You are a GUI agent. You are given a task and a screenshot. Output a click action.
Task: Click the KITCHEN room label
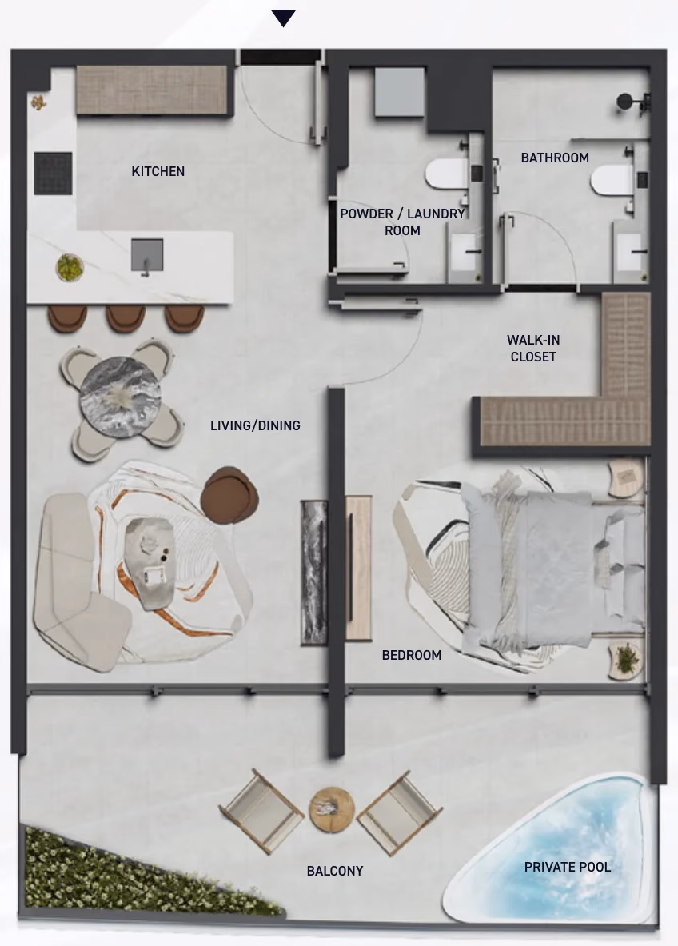(x=158, y=171)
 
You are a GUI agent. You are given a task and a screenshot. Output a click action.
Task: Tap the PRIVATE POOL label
(x=567, y=867)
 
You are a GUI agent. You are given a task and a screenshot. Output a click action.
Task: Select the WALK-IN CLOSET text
(x=533, y=349)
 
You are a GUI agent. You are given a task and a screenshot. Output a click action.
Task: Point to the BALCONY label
(x=335, y=871)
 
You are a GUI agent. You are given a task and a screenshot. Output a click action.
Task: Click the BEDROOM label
(x=412, y=655)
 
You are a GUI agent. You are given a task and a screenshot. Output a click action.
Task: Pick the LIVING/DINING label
(x=255, y=426)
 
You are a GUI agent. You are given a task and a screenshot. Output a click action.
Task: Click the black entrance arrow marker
(x=283, y=18)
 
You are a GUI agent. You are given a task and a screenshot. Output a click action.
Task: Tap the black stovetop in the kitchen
(x=53, y=174)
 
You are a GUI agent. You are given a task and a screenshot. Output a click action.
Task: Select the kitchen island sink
(x=147, y=255)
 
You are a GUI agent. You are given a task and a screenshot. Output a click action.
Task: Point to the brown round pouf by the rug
(x=229, y=493)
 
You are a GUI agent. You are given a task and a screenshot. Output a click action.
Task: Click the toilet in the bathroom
(x=612, y=181)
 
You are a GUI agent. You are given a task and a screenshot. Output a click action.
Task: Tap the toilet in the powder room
(x=446, y=175)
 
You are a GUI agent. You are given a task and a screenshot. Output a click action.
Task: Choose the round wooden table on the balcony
(x=332, y=810)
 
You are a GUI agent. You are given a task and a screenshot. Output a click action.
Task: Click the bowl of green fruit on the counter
(x=70, y=267)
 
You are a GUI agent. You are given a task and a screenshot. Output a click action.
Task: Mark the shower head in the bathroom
(x=625, y=102)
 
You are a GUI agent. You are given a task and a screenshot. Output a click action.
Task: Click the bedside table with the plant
(x=625, y=660)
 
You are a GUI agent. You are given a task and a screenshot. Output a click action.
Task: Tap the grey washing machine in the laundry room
(x=399, y=92)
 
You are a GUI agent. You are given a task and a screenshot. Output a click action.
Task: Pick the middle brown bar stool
(x=126, y=318)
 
